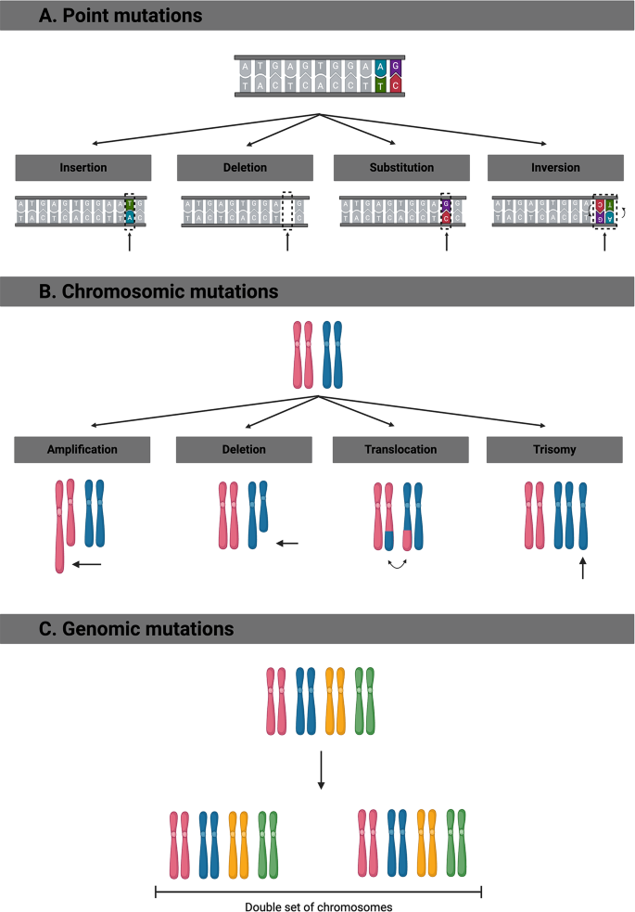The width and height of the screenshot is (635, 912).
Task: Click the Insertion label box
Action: (83, 168)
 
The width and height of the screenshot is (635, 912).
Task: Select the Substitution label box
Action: (401, 168)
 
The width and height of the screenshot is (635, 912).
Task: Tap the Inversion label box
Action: (556, 168)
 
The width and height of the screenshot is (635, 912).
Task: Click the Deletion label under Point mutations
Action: (244, 168)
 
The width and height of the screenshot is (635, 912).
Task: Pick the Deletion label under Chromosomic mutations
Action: (244, 449)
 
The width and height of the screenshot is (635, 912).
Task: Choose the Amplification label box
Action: (83, 449)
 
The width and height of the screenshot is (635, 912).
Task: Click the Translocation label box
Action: (401, 449)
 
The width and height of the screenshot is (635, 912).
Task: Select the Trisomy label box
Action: (556, 449)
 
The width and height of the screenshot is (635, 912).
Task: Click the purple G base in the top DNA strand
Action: (396, 67)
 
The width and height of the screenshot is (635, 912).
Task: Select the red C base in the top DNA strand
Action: (396, 84)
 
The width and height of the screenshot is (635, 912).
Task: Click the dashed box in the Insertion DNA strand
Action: (131, 212)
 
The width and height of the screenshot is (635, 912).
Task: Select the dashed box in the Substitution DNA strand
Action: (447, 212)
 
